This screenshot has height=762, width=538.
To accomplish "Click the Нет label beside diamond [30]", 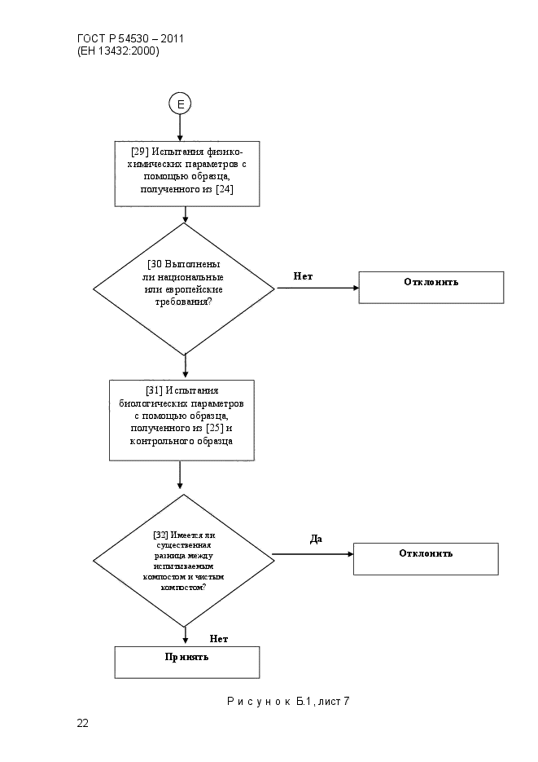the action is point(304,276).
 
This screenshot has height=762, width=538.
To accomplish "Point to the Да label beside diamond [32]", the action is point(316,539).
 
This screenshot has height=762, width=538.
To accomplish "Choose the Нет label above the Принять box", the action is point(219,639).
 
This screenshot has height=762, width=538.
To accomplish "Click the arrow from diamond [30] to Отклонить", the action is point(317,288).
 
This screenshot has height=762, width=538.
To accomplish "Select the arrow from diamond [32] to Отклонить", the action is point(313,554).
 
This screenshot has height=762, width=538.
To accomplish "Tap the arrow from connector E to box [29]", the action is point(180,128).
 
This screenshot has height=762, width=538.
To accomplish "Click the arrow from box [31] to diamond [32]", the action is point(180,475).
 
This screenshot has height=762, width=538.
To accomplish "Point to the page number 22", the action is point(82,723).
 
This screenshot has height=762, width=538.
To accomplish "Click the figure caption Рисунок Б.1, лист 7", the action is point(288,701).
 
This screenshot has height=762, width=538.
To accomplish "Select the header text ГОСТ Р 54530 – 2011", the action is point(130,39).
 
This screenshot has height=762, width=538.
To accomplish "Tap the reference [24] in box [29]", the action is point(224,189).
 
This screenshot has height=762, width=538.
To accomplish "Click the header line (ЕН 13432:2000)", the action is point(118,51).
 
